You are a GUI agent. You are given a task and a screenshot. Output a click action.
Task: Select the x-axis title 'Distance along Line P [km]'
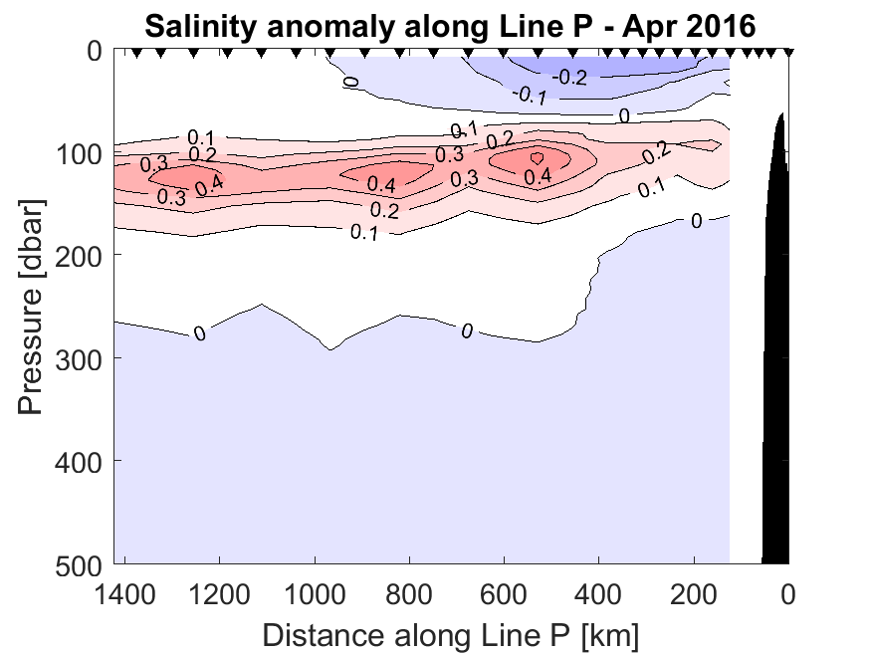pos(451,632)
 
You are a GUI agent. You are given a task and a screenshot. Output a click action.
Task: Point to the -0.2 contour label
pos(570,77)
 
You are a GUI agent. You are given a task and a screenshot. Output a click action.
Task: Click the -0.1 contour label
pos(530,95)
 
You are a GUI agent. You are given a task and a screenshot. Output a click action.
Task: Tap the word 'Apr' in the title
pos(647,26)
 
